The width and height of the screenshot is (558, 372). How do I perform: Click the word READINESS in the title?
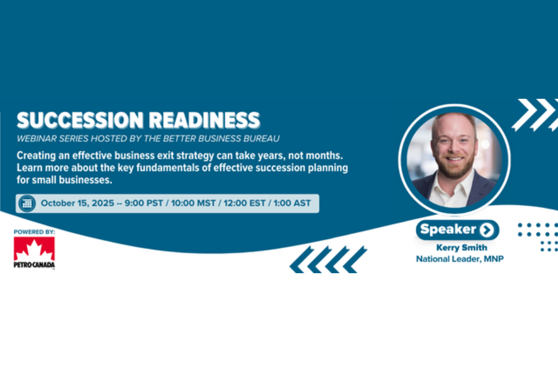(x=204, y=120)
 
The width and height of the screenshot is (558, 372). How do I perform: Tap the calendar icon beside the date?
(x=27, y=204)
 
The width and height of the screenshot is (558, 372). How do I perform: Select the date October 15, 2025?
(x=77, y=203)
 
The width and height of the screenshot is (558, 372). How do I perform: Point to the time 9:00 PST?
(x=144, y=203)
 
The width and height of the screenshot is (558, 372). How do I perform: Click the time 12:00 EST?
(x=244, y=203)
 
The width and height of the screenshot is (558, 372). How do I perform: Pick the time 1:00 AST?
(x=292, y=203)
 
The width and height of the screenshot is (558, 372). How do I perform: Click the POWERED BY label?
(x=34, y=232)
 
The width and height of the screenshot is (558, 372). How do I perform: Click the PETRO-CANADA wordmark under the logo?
(x=34, y=265)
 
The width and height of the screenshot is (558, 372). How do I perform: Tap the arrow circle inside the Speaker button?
(x=487, y=230)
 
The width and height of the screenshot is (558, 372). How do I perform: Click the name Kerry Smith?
(x=462, y=248)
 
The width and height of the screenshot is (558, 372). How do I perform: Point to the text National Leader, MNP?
(x=460, y=259)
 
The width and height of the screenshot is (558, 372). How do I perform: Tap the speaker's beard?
(x=454, y=169)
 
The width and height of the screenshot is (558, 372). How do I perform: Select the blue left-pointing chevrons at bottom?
(x=328, y=260)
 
